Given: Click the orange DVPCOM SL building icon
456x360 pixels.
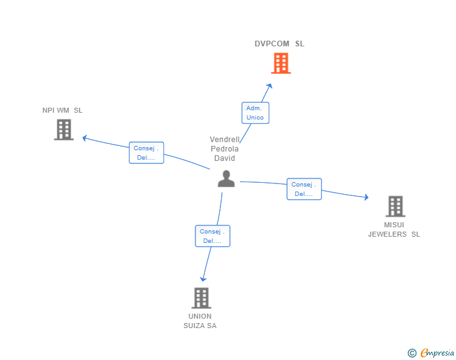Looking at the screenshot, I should tap(281, 63).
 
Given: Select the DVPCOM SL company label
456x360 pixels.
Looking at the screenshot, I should tap(279, 44).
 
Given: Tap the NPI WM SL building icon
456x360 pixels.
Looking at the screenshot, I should tap(64, 130).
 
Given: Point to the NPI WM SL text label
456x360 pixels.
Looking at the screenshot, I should tap(63, 111).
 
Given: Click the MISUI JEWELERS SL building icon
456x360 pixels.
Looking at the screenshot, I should tap(395, 206).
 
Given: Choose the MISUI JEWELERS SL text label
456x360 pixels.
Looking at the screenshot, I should tap(394, 229).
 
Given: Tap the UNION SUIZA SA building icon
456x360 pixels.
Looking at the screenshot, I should tap(200, 298).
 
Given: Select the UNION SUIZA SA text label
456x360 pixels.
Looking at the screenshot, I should tap(200, 321).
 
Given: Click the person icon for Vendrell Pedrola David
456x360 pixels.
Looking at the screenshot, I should tap(225, 179).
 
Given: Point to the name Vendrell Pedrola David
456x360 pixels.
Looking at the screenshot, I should tap(224, 149).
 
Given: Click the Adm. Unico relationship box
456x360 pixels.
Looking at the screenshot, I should tap(255, 113).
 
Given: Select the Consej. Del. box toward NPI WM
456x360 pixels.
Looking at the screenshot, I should tap(147, 153).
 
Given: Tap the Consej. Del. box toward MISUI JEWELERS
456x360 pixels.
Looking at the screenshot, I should tap(304, 189).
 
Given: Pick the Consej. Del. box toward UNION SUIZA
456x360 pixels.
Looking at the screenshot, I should tap(212, 236).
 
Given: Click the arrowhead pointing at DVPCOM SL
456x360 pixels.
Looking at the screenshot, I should tap(270, 86).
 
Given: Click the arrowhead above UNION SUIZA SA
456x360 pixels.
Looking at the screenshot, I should tap(202, 279).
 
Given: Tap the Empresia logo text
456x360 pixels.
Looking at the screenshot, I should tap(437, 353).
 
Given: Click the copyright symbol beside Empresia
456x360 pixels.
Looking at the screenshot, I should tap(412, 353).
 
